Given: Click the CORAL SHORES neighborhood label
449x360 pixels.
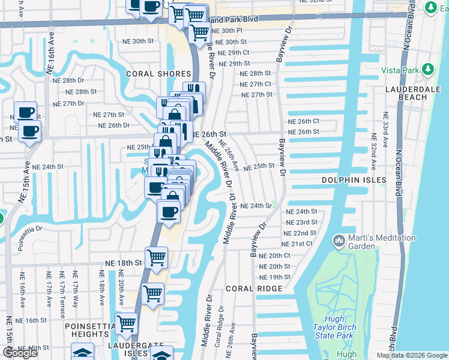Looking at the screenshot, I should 149,74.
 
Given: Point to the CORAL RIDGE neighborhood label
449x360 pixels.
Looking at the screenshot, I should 254,289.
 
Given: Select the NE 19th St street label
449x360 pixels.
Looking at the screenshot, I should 275,277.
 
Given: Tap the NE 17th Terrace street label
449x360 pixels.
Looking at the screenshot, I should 61,289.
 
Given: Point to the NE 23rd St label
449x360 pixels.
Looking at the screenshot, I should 301,222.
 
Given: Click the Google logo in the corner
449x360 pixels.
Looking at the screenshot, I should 20,353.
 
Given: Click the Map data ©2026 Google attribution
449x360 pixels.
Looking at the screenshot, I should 412,355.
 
